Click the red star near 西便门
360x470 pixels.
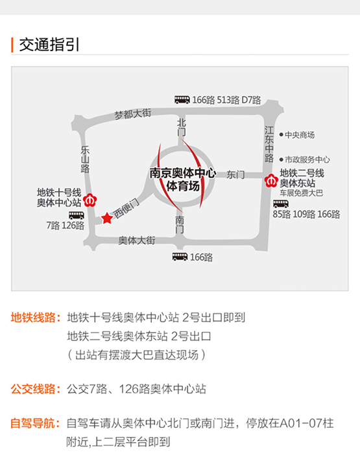pyautogui.click(x=107, y=218)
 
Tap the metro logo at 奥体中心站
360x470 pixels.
pyautogui.click(x=90, y=200)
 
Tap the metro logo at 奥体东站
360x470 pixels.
pyautogui.click(x=271, y=181)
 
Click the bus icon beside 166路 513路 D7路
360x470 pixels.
pyautogui.click(x=182, y=100)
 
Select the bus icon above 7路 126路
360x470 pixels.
pyautogui.click(x=77, y=215)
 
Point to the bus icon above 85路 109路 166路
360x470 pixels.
pyautogui.click(x=281, y=204)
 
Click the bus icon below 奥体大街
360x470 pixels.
pyautogui.click(x=180, y=257)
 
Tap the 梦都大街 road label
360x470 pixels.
pyautogui.click(x=132, y=114)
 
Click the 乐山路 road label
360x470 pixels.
pyautogui.click(x=85, y=159)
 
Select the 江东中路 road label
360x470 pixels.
pyautogui.click(x=269, y=144)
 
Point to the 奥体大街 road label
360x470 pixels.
pyautogui.click(x=137, y=241)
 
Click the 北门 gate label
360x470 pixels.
pyautogui.click(x=182, y=128)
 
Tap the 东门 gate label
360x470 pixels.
pyautogui.click(x=235, y=175)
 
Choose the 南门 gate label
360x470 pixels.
pyautogui.click(x=180, y=224)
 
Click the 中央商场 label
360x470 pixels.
pyautogui.click(x=297, y=135)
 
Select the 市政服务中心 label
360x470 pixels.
pyautogui.click(x=304, y=159)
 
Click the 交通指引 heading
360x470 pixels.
pyautogui.click(x=49, y=45)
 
